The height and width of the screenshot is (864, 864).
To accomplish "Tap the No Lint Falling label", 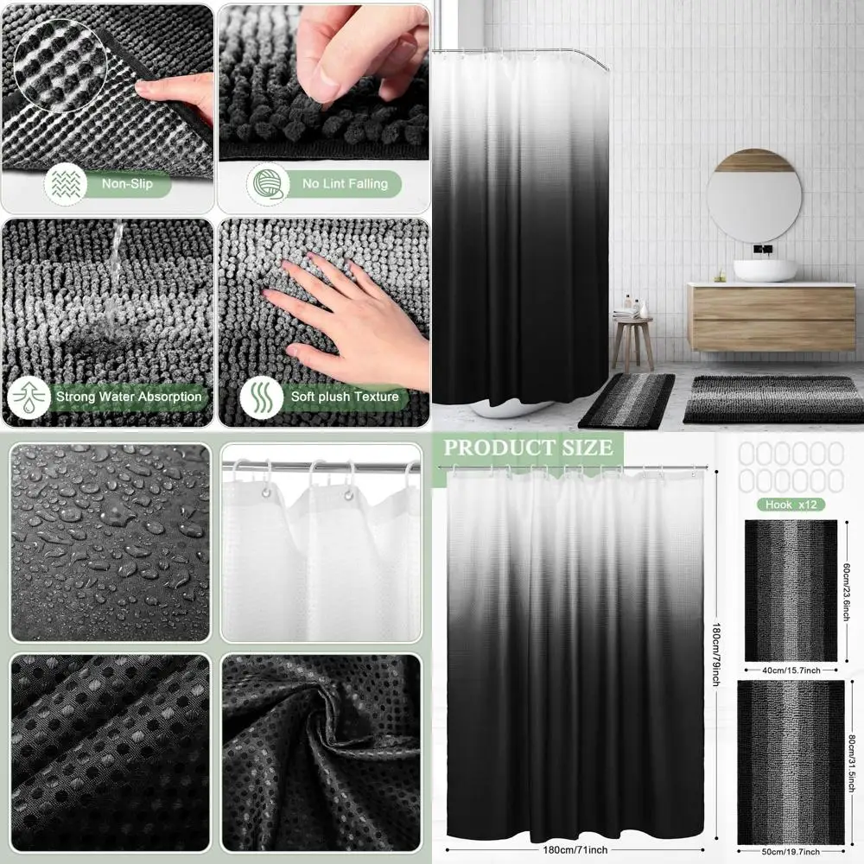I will pyautogui.click(x=345, y=183).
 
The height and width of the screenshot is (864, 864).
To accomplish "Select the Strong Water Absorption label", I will pyautogui.click(x=129, y=397).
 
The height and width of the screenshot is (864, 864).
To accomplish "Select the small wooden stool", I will pyautogui.click(x=632, y=340).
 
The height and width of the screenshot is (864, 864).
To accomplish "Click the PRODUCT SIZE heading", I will pyautogui.click(x=529, y=448).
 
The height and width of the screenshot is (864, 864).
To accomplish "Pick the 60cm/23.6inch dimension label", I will pyautogui.click(x=850, y=589).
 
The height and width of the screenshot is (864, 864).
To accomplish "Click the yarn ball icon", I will pyautogui.click(x=266, y=183).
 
